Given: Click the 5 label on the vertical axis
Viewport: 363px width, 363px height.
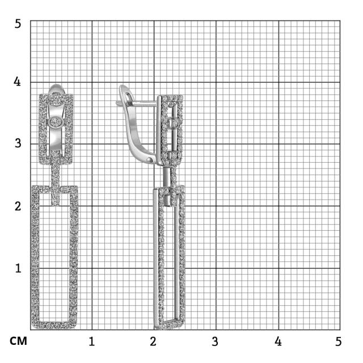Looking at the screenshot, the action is [x=18, y=24].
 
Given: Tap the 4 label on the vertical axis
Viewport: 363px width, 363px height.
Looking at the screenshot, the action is [x=17, y=82].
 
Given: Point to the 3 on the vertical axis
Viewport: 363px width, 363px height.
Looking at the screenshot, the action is [x=18, y=143].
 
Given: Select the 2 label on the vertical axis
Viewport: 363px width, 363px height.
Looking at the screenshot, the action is [x=18, y=206].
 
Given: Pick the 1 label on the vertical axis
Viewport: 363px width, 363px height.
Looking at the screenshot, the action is [x=18, y=268].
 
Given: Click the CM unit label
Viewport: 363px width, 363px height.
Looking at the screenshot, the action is [x=18, y=341].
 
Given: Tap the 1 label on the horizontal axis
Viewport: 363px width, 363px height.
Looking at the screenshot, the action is [x=92, y=341].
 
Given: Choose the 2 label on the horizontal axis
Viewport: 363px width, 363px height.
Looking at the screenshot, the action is [x=153, y=341].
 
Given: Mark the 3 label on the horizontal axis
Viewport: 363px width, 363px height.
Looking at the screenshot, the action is [x=215, y=341].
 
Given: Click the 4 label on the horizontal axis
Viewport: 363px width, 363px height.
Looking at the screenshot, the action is [x=278, y=341].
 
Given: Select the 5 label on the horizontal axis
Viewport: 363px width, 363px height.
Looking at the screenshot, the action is [x=339, y=341].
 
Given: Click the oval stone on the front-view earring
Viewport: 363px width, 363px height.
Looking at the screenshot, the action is [x=55, y=122].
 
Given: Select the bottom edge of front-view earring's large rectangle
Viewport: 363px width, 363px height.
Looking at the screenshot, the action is [x=54, y=325].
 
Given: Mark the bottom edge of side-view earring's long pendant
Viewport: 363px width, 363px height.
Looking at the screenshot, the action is [x=169, y=324].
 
